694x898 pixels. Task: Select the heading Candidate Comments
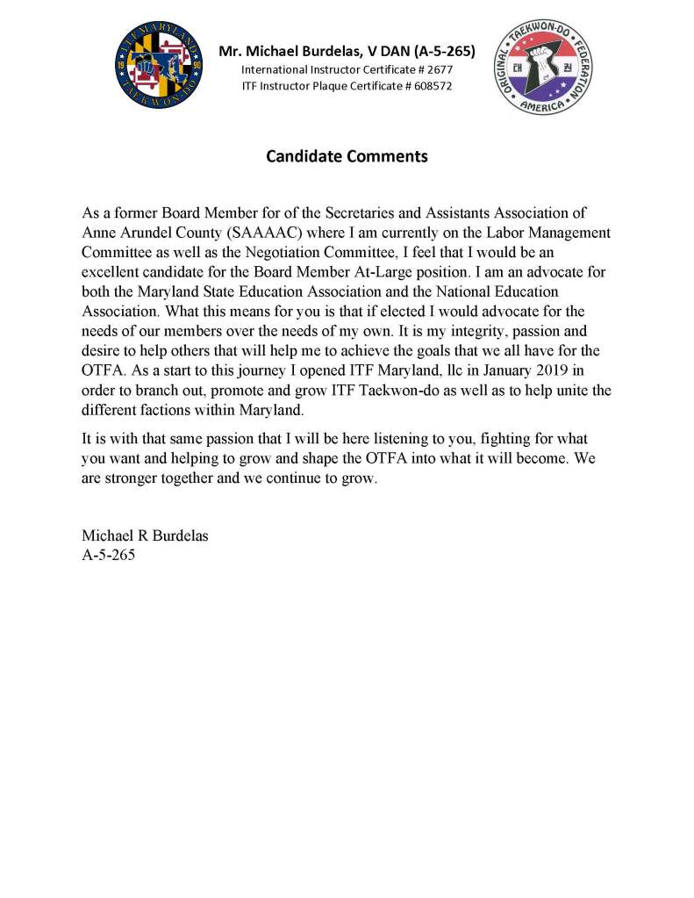coord(347,157)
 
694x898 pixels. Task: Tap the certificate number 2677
coord(439,68)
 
